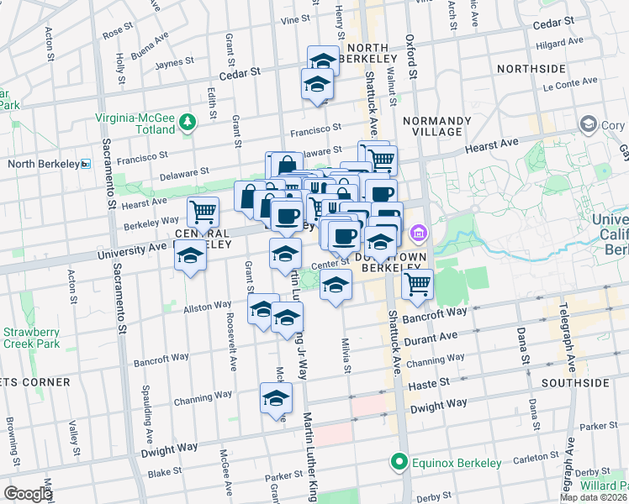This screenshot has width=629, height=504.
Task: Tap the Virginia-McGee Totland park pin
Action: pos(188,124)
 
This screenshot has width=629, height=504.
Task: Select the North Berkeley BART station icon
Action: pos(86,164)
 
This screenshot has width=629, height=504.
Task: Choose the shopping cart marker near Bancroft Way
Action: pos(418,285)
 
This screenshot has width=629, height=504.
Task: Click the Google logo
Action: pos(28,494)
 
